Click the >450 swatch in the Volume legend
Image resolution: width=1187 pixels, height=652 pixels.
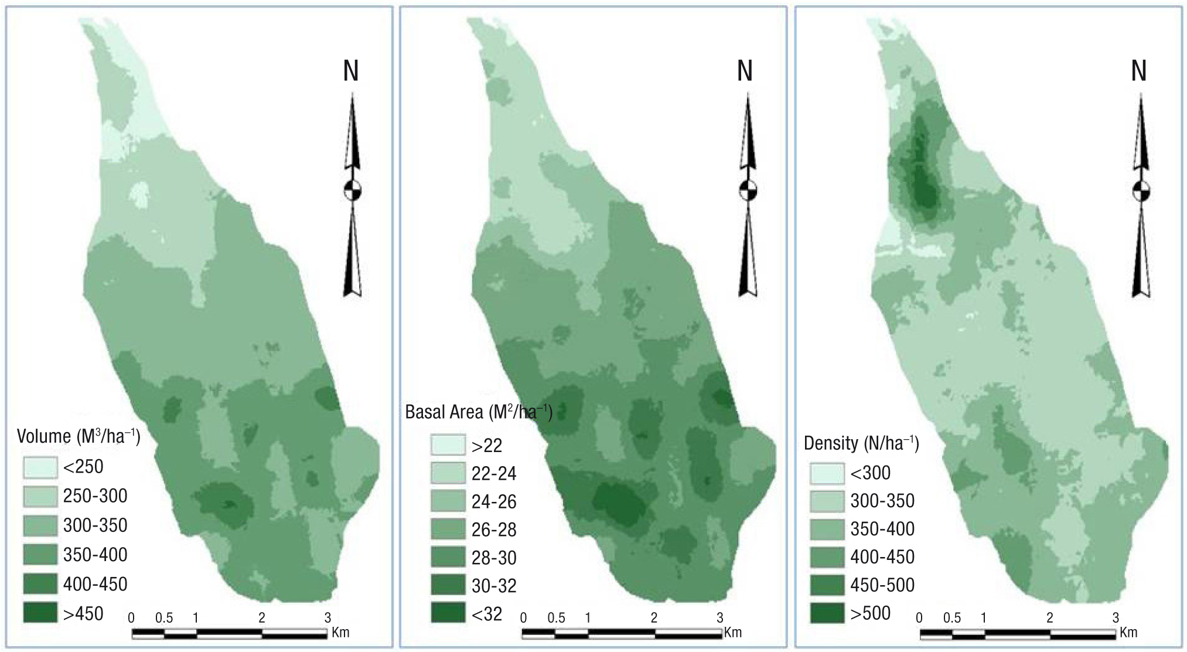[x=40, y=613]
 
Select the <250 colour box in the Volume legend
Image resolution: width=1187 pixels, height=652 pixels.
[x=40, y=467]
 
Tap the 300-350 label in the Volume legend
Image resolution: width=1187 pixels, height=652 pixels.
[x=95, y=525]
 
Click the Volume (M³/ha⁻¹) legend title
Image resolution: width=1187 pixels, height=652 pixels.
[x=79, y=436]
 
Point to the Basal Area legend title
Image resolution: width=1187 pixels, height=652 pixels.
[x=479, y=412]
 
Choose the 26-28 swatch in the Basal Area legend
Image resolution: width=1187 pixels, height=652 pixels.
[x=448, y=529]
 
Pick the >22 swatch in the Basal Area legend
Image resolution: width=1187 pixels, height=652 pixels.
[x=448, y=445]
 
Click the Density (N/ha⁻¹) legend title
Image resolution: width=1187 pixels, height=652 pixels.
[x=861, y=443]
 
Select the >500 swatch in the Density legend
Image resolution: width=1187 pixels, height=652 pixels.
[x=827, y=613]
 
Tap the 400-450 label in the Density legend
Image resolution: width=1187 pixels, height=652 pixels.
[x=882, y=557]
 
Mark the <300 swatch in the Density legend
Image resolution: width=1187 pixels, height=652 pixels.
[x=827, y=473]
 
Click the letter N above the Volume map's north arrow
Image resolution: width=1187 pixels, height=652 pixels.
[x=351, y=71]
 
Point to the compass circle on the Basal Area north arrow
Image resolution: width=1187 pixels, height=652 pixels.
[x=747, y=191]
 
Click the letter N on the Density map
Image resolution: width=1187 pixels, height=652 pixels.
[x=1139, y=71]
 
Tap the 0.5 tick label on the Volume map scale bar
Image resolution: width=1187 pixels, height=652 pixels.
[x=164, y=618]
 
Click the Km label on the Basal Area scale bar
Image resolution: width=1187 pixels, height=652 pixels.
[x=733, y=633]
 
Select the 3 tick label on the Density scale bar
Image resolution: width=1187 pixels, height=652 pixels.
[x=1116, y=618]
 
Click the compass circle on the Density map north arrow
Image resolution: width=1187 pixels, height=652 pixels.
[x=1141, y=191]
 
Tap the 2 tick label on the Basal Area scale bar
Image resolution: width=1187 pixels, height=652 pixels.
[x=654, y=618]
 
